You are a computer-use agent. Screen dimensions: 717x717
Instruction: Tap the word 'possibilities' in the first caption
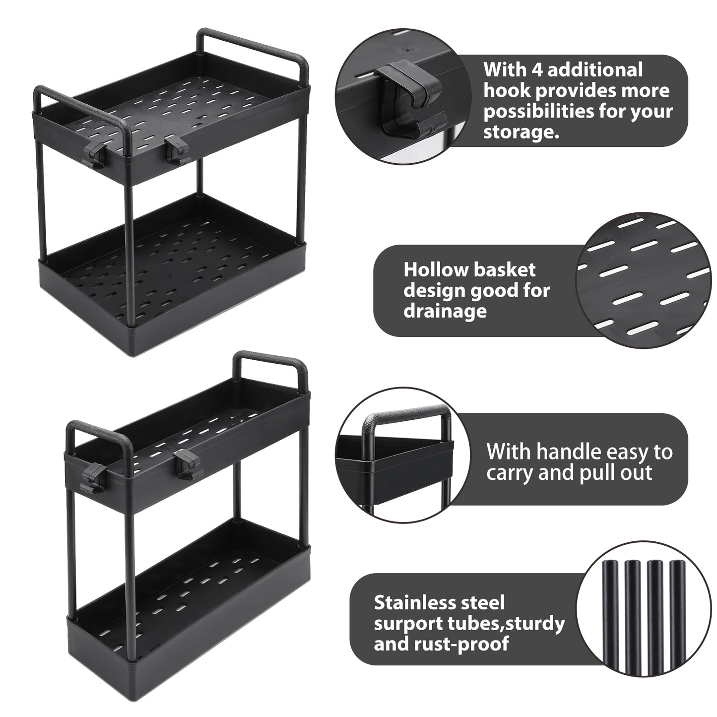(x=537, y=112)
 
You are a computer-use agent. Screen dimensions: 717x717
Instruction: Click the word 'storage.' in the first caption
(x=521, y=132)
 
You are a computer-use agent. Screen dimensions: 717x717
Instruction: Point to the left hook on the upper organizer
(x=93, y=153)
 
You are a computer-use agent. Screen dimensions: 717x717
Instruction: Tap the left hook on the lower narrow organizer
(x=93, y=477)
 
